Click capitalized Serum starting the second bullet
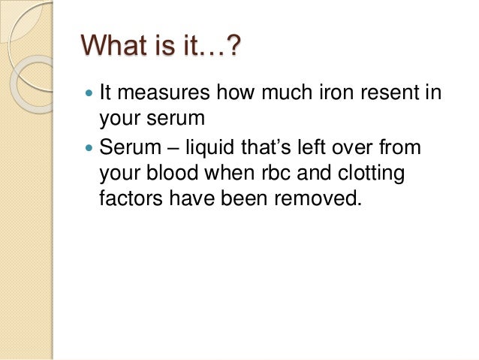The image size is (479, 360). (x=128, y=150)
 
